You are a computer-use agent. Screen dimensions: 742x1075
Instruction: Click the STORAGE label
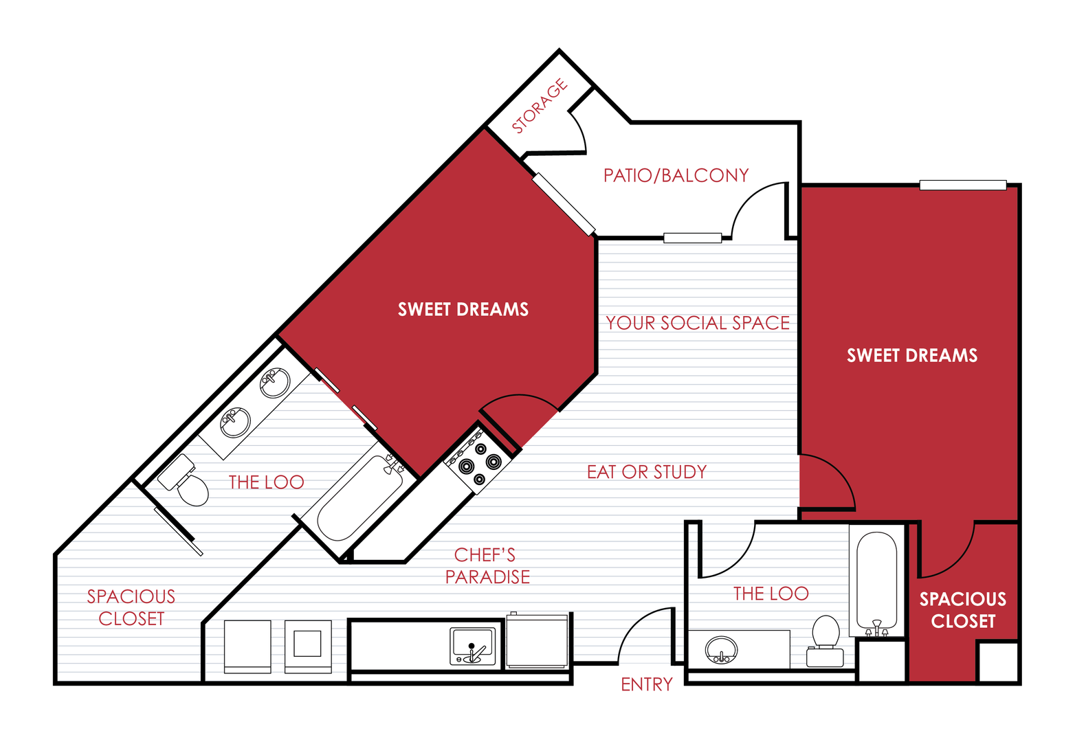click(540, 106)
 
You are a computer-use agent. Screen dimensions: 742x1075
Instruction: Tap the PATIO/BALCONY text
click(676, 176)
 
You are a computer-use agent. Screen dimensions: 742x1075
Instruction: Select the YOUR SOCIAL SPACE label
click(697, 323)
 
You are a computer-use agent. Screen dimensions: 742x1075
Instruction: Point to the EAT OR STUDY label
click(646, 472)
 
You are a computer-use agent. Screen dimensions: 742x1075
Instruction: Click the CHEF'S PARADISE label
click(487, 566)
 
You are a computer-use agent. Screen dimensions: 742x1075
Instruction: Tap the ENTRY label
click(646, 684)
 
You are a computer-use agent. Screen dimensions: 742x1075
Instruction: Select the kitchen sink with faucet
click(472, 647)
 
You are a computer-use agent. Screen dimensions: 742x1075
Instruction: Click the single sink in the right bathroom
click(721, 649)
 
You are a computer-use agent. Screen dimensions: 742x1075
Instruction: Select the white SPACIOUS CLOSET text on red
click(962, 610)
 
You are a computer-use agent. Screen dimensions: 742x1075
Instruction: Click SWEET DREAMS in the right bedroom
click(911, 355)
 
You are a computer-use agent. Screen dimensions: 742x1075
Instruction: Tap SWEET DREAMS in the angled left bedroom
click(463, 310)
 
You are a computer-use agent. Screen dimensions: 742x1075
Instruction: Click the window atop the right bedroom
click(962, 185)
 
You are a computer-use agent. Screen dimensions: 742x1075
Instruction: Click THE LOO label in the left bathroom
click(266, 482)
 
